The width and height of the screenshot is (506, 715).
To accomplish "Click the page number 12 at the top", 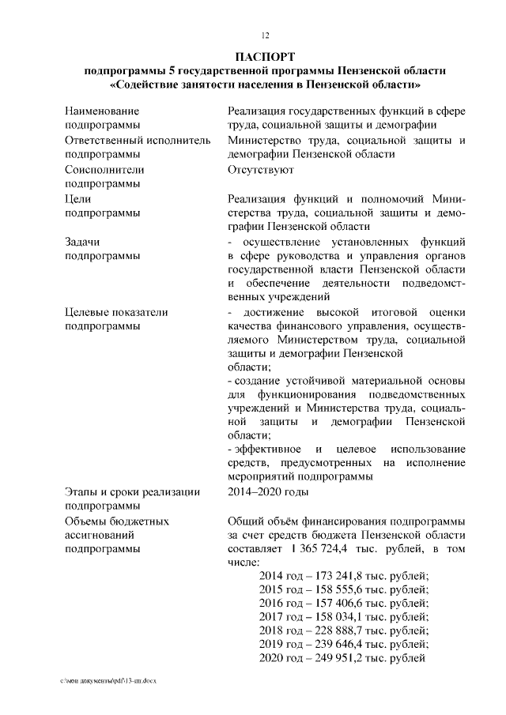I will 266,35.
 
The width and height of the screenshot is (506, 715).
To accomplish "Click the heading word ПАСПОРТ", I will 265,57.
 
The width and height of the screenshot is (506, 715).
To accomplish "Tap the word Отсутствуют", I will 260,169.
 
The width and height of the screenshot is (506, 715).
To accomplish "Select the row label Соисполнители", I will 104,169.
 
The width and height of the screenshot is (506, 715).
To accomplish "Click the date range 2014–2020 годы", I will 267,491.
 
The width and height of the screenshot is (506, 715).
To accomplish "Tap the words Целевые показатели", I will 116,312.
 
